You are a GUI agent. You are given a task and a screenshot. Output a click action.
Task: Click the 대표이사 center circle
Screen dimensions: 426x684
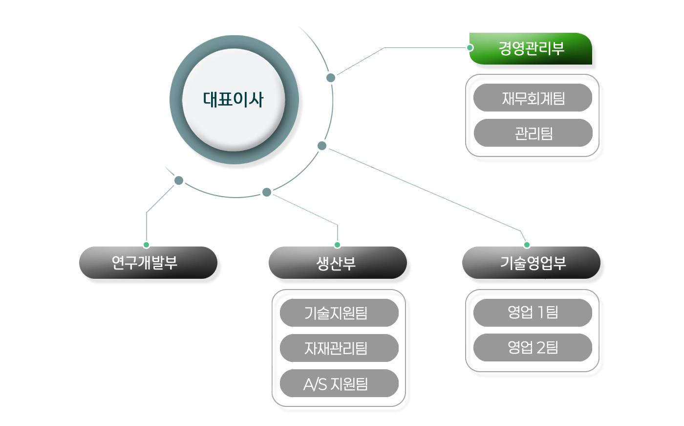[x=234, y=100]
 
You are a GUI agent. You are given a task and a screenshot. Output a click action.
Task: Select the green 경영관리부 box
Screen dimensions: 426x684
[x=531, y=48]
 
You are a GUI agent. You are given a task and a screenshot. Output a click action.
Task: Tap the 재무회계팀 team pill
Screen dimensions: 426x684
[x=533, y=98]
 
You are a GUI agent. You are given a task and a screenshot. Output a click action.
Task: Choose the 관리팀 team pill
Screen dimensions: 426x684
[x=533, y=133]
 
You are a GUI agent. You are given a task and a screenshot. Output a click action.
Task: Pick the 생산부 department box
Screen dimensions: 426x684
[x=337, y=263]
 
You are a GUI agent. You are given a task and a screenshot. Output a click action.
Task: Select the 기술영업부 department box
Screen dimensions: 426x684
[x=531, y=263]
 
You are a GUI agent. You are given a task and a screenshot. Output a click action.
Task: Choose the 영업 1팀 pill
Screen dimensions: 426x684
[x=533, y=313]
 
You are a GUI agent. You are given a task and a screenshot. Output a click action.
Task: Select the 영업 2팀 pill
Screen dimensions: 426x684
[x=533, y=347]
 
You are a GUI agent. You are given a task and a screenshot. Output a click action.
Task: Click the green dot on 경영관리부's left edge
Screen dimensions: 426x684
[x=470, y=47]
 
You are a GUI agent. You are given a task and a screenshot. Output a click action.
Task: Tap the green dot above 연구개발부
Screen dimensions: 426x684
[x=146, y=245]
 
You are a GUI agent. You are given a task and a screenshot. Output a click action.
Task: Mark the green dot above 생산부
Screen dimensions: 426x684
[x=337, y=245]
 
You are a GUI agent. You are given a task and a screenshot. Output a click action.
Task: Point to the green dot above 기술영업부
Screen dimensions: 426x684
[x=527, y=245]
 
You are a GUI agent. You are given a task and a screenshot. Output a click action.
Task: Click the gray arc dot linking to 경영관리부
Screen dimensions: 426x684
[x=331, y=78]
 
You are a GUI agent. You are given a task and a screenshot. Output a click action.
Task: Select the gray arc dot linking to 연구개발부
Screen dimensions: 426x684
[x=179, y=180]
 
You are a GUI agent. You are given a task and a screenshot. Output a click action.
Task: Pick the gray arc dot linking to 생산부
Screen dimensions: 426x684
[x=267, y=192]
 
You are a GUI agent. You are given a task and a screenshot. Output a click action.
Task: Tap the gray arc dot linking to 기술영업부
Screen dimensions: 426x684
[x=322, y=146]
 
